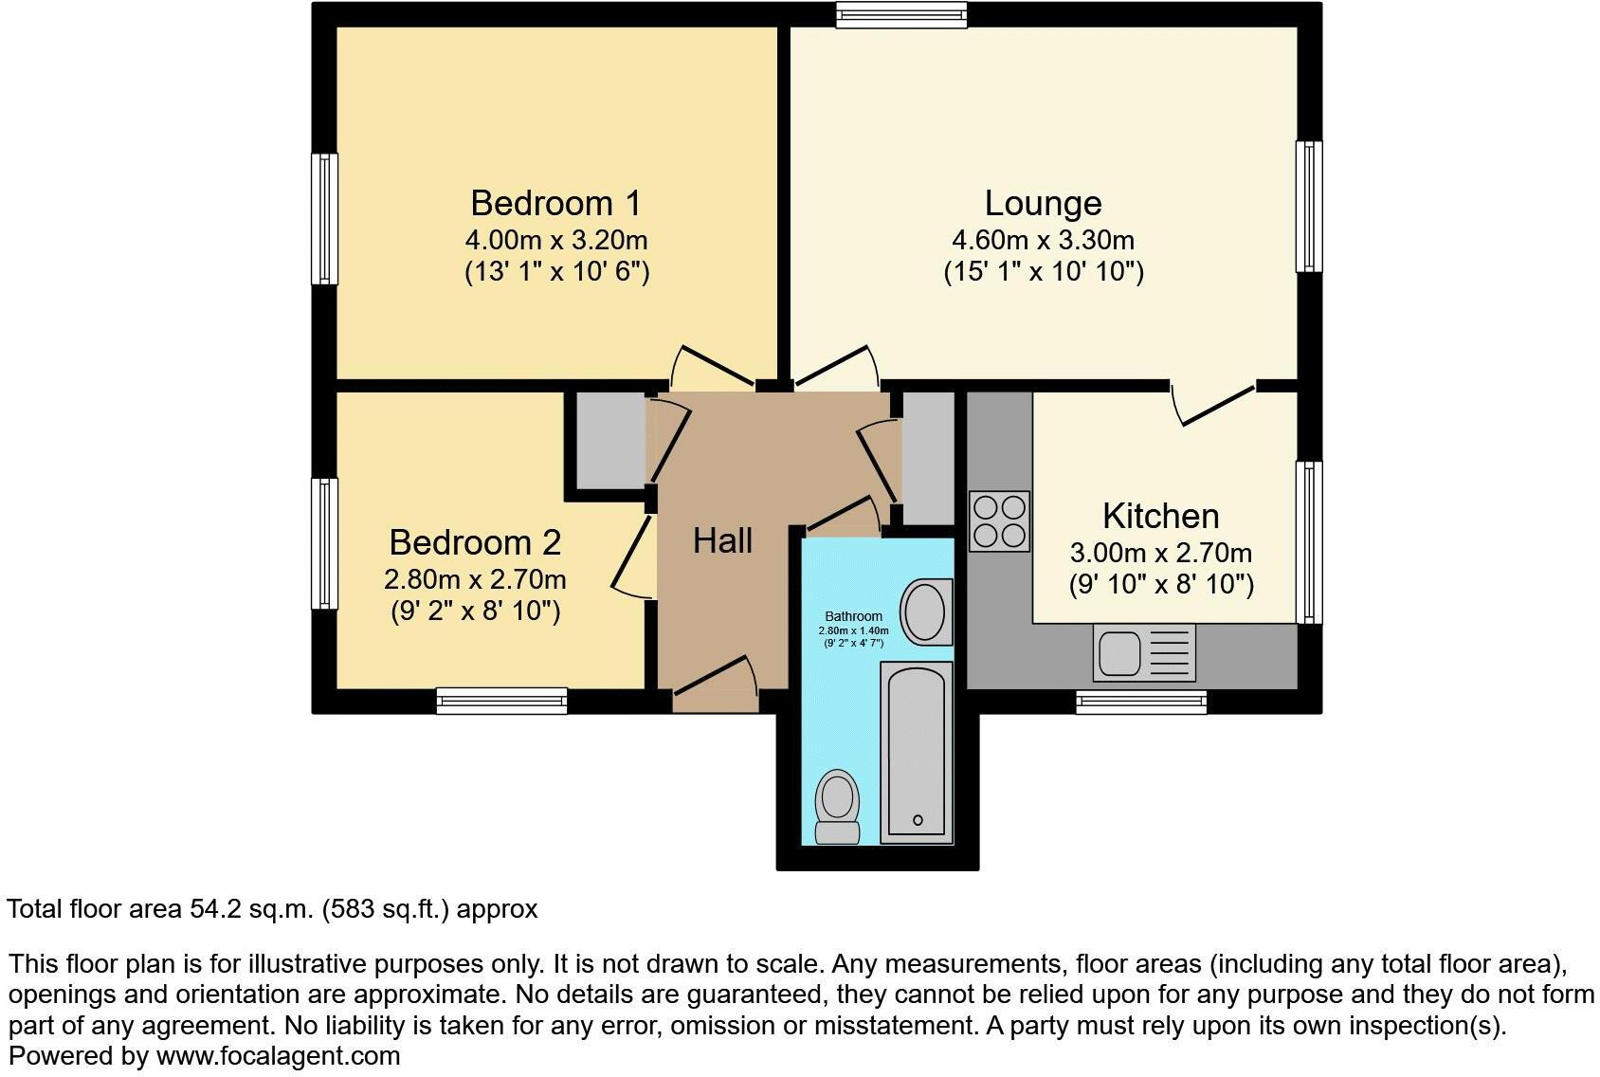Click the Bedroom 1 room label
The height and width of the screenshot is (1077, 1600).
tap(555, 204)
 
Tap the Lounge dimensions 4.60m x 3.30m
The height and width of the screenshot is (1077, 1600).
tap(1043, 241)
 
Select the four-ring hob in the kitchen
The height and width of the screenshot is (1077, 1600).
tap(999, 521)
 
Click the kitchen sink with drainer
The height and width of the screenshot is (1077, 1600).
tap(1144, 652)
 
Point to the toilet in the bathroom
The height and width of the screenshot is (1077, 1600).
tap(838, 807)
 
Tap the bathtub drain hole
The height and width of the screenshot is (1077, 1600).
tap(917, 819)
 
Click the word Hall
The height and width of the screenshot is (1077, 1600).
tap(722, 541)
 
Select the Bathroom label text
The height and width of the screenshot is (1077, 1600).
tap(853, 616)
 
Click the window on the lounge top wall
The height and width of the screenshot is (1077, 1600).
tap(901, 13)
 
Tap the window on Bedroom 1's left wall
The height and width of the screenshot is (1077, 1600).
tap(324, 219)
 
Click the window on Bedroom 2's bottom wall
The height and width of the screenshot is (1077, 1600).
tap(501, 702)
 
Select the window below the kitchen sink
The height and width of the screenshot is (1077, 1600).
tap(1140, 702)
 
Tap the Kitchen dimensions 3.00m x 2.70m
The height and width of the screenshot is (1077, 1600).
tap(1160, 553)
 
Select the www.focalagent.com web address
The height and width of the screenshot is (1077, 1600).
tap(278, 1055)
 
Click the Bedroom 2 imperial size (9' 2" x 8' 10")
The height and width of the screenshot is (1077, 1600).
tap(475, 612)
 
